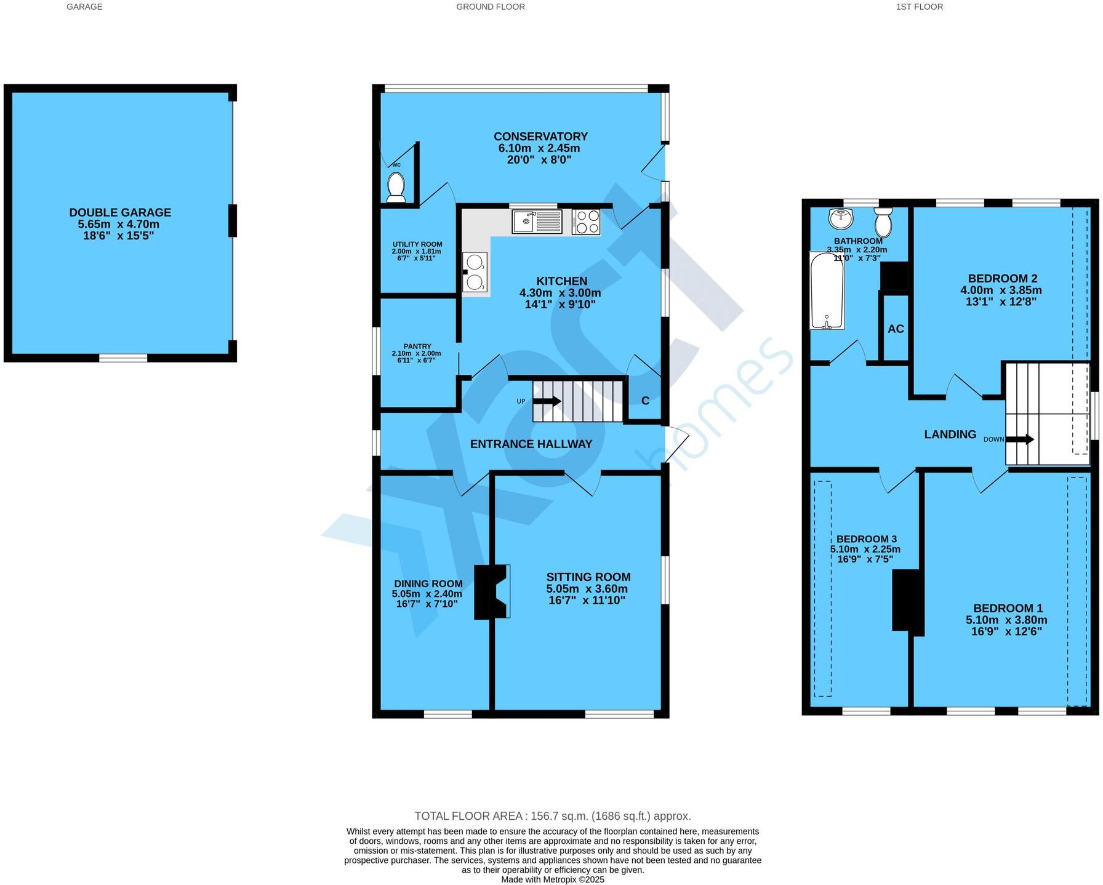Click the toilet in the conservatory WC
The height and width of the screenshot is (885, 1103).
396,187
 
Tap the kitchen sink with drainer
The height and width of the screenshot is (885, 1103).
537,222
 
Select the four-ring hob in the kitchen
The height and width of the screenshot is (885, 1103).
585,222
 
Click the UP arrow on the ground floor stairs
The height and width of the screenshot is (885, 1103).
547,401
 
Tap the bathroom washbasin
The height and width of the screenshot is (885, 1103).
841,218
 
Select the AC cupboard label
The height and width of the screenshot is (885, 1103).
896,329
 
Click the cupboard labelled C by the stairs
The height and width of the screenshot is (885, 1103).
645,401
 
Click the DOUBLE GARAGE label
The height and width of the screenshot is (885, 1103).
120,212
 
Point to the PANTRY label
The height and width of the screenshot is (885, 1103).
417,346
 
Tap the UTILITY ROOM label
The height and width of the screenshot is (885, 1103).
417,244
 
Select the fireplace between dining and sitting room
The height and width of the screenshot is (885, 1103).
491,591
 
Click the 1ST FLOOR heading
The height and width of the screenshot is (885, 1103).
919,7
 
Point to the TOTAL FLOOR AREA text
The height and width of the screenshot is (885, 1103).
552,816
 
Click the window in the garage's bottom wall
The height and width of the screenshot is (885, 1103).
123,358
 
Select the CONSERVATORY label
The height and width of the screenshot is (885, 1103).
540,137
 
